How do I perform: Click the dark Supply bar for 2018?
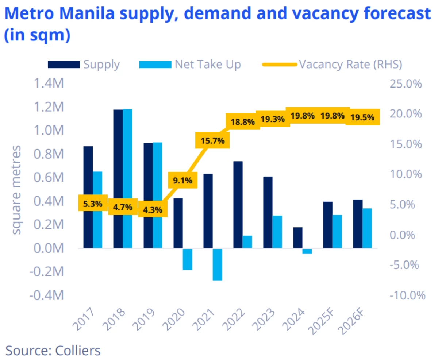(118, 179)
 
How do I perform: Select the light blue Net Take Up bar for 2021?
(218, 265)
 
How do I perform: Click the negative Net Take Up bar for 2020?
(188, 259)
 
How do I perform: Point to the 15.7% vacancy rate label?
(212, 140)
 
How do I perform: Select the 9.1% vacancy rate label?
(182, 180)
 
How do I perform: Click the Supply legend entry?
(84, 65)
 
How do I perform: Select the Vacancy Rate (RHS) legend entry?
(332, 65)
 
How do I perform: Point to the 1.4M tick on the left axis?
(49, 84)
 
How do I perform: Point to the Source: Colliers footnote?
(53, 351)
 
